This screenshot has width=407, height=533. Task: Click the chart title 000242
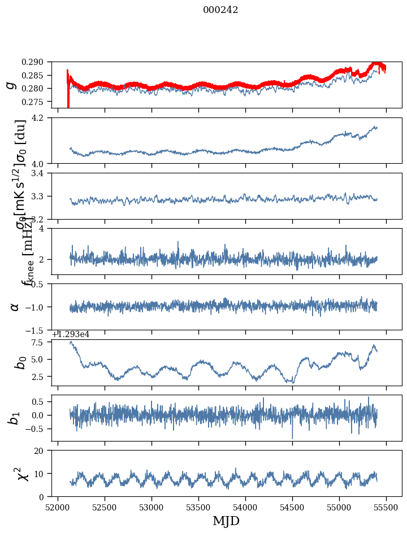coord(220,10)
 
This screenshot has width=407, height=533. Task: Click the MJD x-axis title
coord(226,521)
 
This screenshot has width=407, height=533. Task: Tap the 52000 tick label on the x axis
coord(58,507)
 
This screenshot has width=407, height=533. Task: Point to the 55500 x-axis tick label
coord(387,507)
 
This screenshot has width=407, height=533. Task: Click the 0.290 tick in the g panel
coord(40,62)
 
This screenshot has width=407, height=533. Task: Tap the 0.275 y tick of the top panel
coord(40,102)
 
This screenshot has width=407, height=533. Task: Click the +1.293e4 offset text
coord(71,334)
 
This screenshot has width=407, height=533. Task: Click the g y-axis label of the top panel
coord(10,85)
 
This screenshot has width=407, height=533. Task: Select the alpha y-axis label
coord(15,307)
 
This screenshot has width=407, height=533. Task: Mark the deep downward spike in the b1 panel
coord(292,437)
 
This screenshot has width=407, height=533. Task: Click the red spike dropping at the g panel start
coord(68,103)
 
